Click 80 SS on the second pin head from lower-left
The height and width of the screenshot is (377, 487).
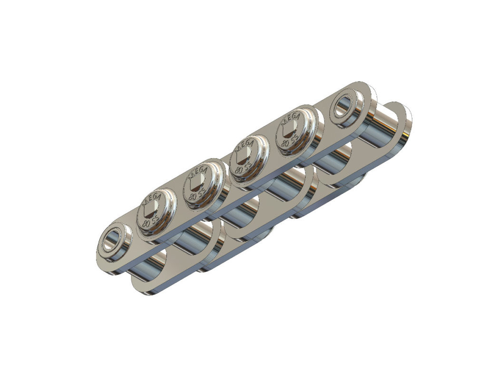pos(196,195)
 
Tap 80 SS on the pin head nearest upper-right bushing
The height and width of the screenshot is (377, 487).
pos(290,142)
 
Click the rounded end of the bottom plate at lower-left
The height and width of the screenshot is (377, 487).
pos(143,286)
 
